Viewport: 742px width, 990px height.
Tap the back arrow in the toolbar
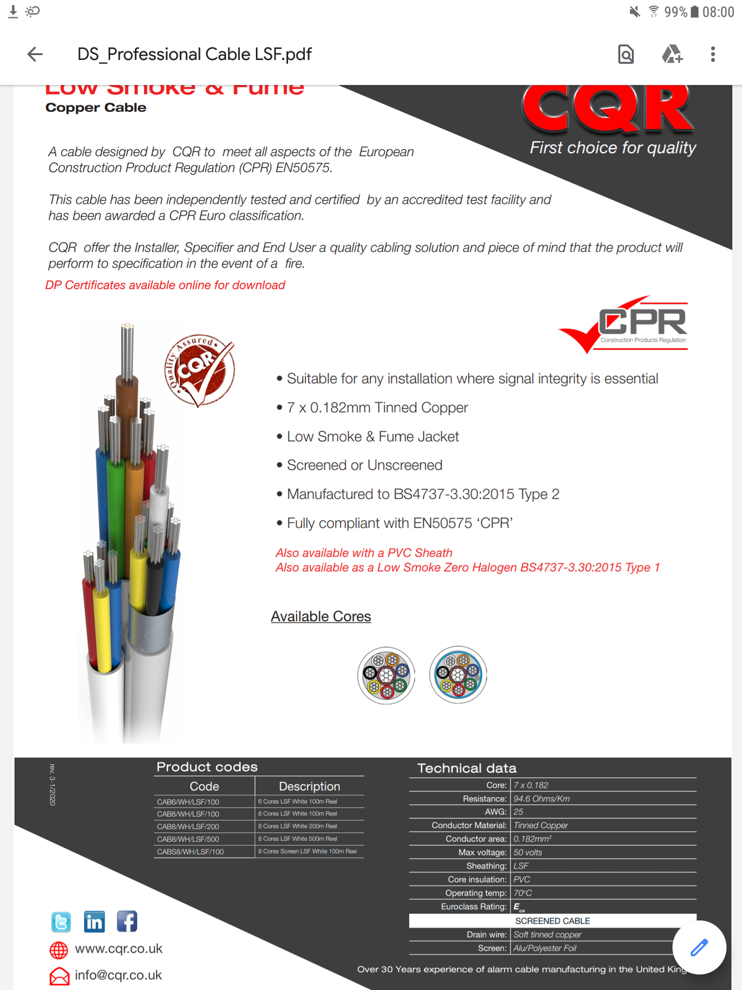click(x=35, y=54)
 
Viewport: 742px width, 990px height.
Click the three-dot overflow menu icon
click(x=713, y=54)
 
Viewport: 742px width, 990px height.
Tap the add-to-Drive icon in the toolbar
click(x=672, y=54)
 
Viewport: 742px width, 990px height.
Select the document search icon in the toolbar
click(x=626, y=54)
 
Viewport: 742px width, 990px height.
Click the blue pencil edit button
click(x=699, y=947)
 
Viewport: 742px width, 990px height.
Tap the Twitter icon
click(x=61, y=922)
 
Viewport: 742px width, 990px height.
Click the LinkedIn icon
click(x=94, y=922)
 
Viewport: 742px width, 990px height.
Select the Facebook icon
click(x=127, y=922)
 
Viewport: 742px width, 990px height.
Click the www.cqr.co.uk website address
click(x=119, y=949)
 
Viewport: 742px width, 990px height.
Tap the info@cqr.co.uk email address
click(x=118, y=975)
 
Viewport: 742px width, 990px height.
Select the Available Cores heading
click(x=321, y=616)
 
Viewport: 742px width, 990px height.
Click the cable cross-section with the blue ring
click(x=458, y=674)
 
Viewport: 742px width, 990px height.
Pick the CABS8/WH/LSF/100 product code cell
click(x=190, y=852)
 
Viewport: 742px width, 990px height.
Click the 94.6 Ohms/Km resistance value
click(x=542, y=799)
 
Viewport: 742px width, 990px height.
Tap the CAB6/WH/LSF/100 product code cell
click(x=188, y=802)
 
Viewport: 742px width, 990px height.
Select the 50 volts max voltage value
click(x=528, y=853)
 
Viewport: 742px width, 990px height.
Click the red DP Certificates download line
click(x=165, y=285)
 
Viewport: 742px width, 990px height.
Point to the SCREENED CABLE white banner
click(x=552, y=921)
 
